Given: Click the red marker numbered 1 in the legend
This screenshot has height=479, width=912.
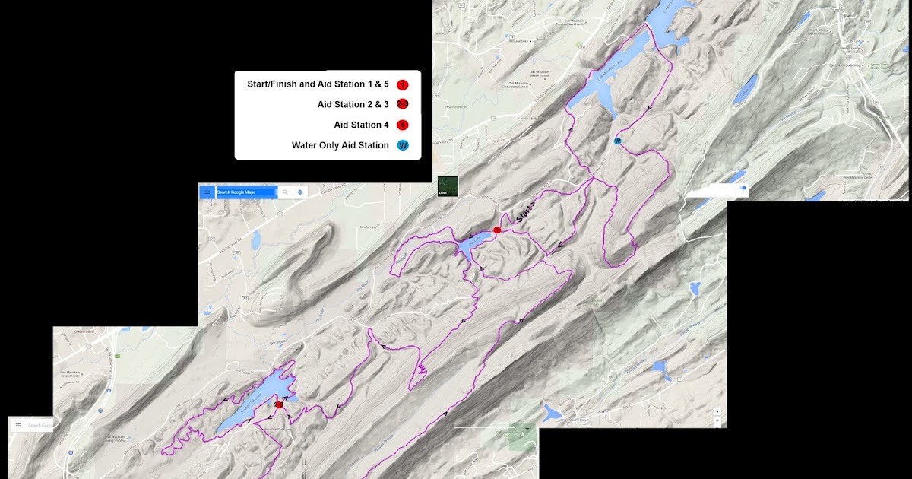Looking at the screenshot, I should click(403, 84).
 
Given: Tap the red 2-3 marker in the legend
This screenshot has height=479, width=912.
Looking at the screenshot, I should click(403, 105).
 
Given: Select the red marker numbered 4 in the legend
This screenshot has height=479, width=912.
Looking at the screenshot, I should click(403, 125).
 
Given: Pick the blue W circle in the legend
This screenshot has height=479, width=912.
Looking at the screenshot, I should click(403, 145).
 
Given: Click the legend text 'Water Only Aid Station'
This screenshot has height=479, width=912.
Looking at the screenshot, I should click(340, 145).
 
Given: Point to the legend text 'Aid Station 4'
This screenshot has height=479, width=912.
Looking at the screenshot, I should click(361, 125).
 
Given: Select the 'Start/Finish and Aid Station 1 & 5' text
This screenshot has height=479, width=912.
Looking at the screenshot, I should click(318, 84).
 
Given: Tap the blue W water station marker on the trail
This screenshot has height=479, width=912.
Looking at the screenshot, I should click(617, 141).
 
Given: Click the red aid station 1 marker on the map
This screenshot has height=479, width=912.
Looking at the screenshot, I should click(497, 230).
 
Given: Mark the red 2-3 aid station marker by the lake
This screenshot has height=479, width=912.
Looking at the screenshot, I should click(279, 404).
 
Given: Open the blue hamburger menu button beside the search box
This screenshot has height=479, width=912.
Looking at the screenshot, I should click(207, 192).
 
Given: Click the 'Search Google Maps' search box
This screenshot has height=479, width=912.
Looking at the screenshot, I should click(245, 192).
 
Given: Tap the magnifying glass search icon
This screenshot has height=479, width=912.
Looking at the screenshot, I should click(286, 192).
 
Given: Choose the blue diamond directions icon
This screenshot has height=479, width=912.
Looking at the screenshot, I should click(300, 192).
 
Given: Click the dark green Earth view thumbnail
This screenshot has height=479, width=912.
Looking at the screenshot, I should click(448, 186).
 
